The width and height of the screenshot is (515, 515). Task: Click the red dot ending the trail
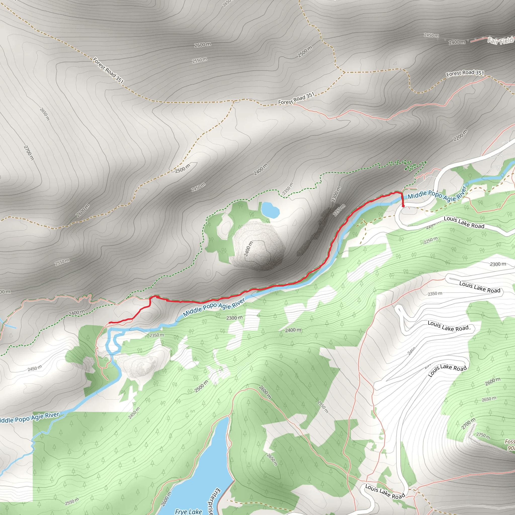point(403,206)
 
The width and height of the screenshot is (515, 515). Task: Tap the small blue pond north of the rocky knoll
point(270,210)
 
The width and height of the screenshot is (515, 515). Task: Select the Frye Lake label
point(188,511)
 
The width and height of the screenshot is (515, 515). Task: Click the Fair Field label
point(501,41)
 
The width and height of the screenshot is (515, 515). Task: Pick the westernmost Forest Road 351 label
point(108,70)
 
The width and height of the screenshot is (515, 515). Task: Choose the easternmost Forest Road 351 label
point(465,73)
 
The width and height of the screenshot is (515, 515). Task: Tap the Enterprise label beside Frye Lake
point(213,501)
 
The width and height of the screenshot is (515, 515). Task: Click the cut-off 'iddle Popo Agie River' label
point(29,417)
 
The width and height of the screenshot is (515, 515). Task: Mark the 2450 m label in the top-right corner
point(431,35)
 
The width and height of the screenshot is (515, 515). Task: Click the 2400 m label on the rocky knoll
point(248,249)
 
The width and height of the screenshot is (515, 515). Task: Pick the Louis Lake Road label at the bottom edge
point(385,491)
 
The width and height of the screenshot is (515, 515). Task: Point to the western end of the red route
point(110,323)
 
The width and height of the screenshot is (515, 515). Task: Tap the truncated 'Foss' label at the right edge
point(510,442)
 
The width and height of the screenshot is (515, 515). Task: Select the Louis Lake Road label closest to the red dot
point(464,222)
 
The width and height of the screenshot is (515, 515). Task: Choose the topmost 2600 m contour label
point(203,45)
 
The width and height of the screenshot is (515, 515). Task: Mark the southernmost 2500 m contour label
point(201,387)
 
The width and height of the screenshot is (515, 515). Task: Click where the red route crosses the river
point(402,197)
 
